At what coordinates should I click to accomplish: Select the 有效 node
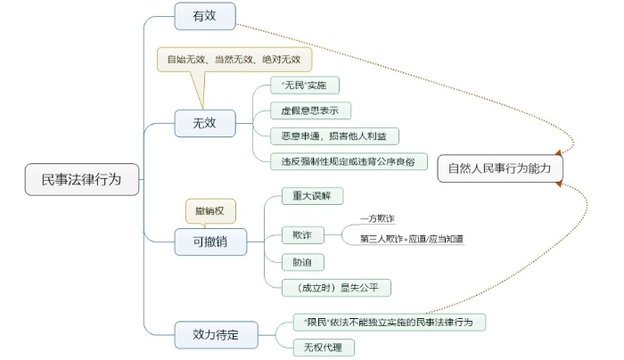point(204,14)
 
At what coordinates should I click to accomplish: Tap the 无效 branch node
point(204,123)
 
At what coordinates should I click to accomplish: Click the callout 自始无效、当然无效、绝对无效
point(234,60)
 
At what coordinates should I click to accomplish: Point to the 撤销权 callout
point(210,210)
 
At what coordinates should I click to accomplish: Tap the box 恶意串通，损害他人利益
point(333,135)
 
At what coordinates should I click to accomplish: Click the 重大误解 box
point(306,194)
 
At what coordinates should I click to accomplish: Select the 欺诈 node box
point(297,235)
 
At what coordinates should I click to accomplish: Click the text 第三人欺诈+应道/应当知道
point(411,239)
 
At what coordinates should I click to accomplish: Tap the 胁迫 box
point(297,262)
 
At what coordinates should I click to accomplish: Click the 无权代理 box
point(316,347)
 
